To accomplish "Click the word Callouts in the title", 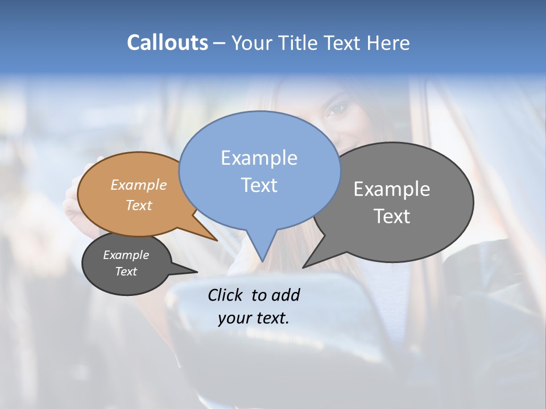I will click(168, 43).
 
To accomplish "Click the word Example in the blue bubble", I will click(259, 158).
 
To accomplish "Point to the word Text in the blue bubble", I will click(259, 185).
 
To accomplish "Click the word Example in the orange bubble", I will click(139, 185).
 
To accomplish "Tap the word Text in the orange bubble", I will click(139, 205).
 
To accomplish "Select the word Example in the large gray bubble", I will click(392, 189).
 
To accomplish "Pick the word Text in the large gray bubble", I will click(392, 216).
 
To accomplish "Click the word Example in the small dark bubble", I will click(126, 255).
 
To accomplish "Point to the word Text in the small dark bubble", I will click(126, 272).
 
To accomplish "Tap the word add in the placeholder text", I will click(286, 295).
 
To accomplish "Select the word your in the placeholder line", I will click(233, 318).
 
